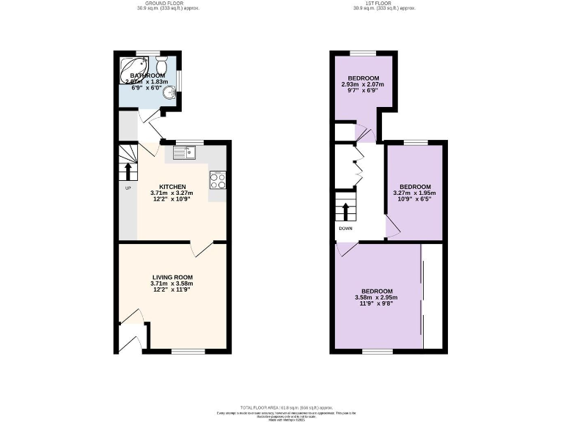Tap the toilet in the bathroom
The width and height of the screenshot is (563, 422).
[163, 64]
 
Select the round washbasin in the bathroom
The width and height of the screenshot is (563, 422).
[170, 92]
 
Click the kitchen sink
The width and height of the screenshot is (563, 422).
[184, 152]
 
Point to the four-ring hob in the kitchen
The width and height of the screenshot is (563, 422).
[217, 179]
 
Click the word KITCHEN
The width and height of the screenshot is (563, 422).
[172, 187]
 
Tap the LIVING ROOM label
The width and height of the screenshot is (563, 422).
[172, 277]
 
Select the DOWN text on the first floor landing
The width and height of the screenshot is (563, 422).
[345, 228]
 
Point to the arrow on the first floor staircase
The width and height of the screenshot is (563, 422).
[345, 210]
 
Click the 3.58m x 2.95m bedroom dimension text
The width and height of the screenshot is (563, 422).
[375, 297]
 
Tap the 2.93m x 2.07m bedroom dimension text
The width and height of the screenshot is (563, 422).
[363, 85]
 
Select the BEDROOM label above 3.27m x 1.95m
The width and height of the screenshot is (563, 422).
[415, 187]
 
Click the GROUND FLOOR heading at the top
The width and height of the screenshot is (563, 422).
[172, 4]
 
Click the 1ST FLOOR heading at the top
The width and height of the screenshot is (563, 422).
[384, 4]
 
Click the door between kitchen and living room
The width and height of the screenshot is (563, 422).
[201, 249]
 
